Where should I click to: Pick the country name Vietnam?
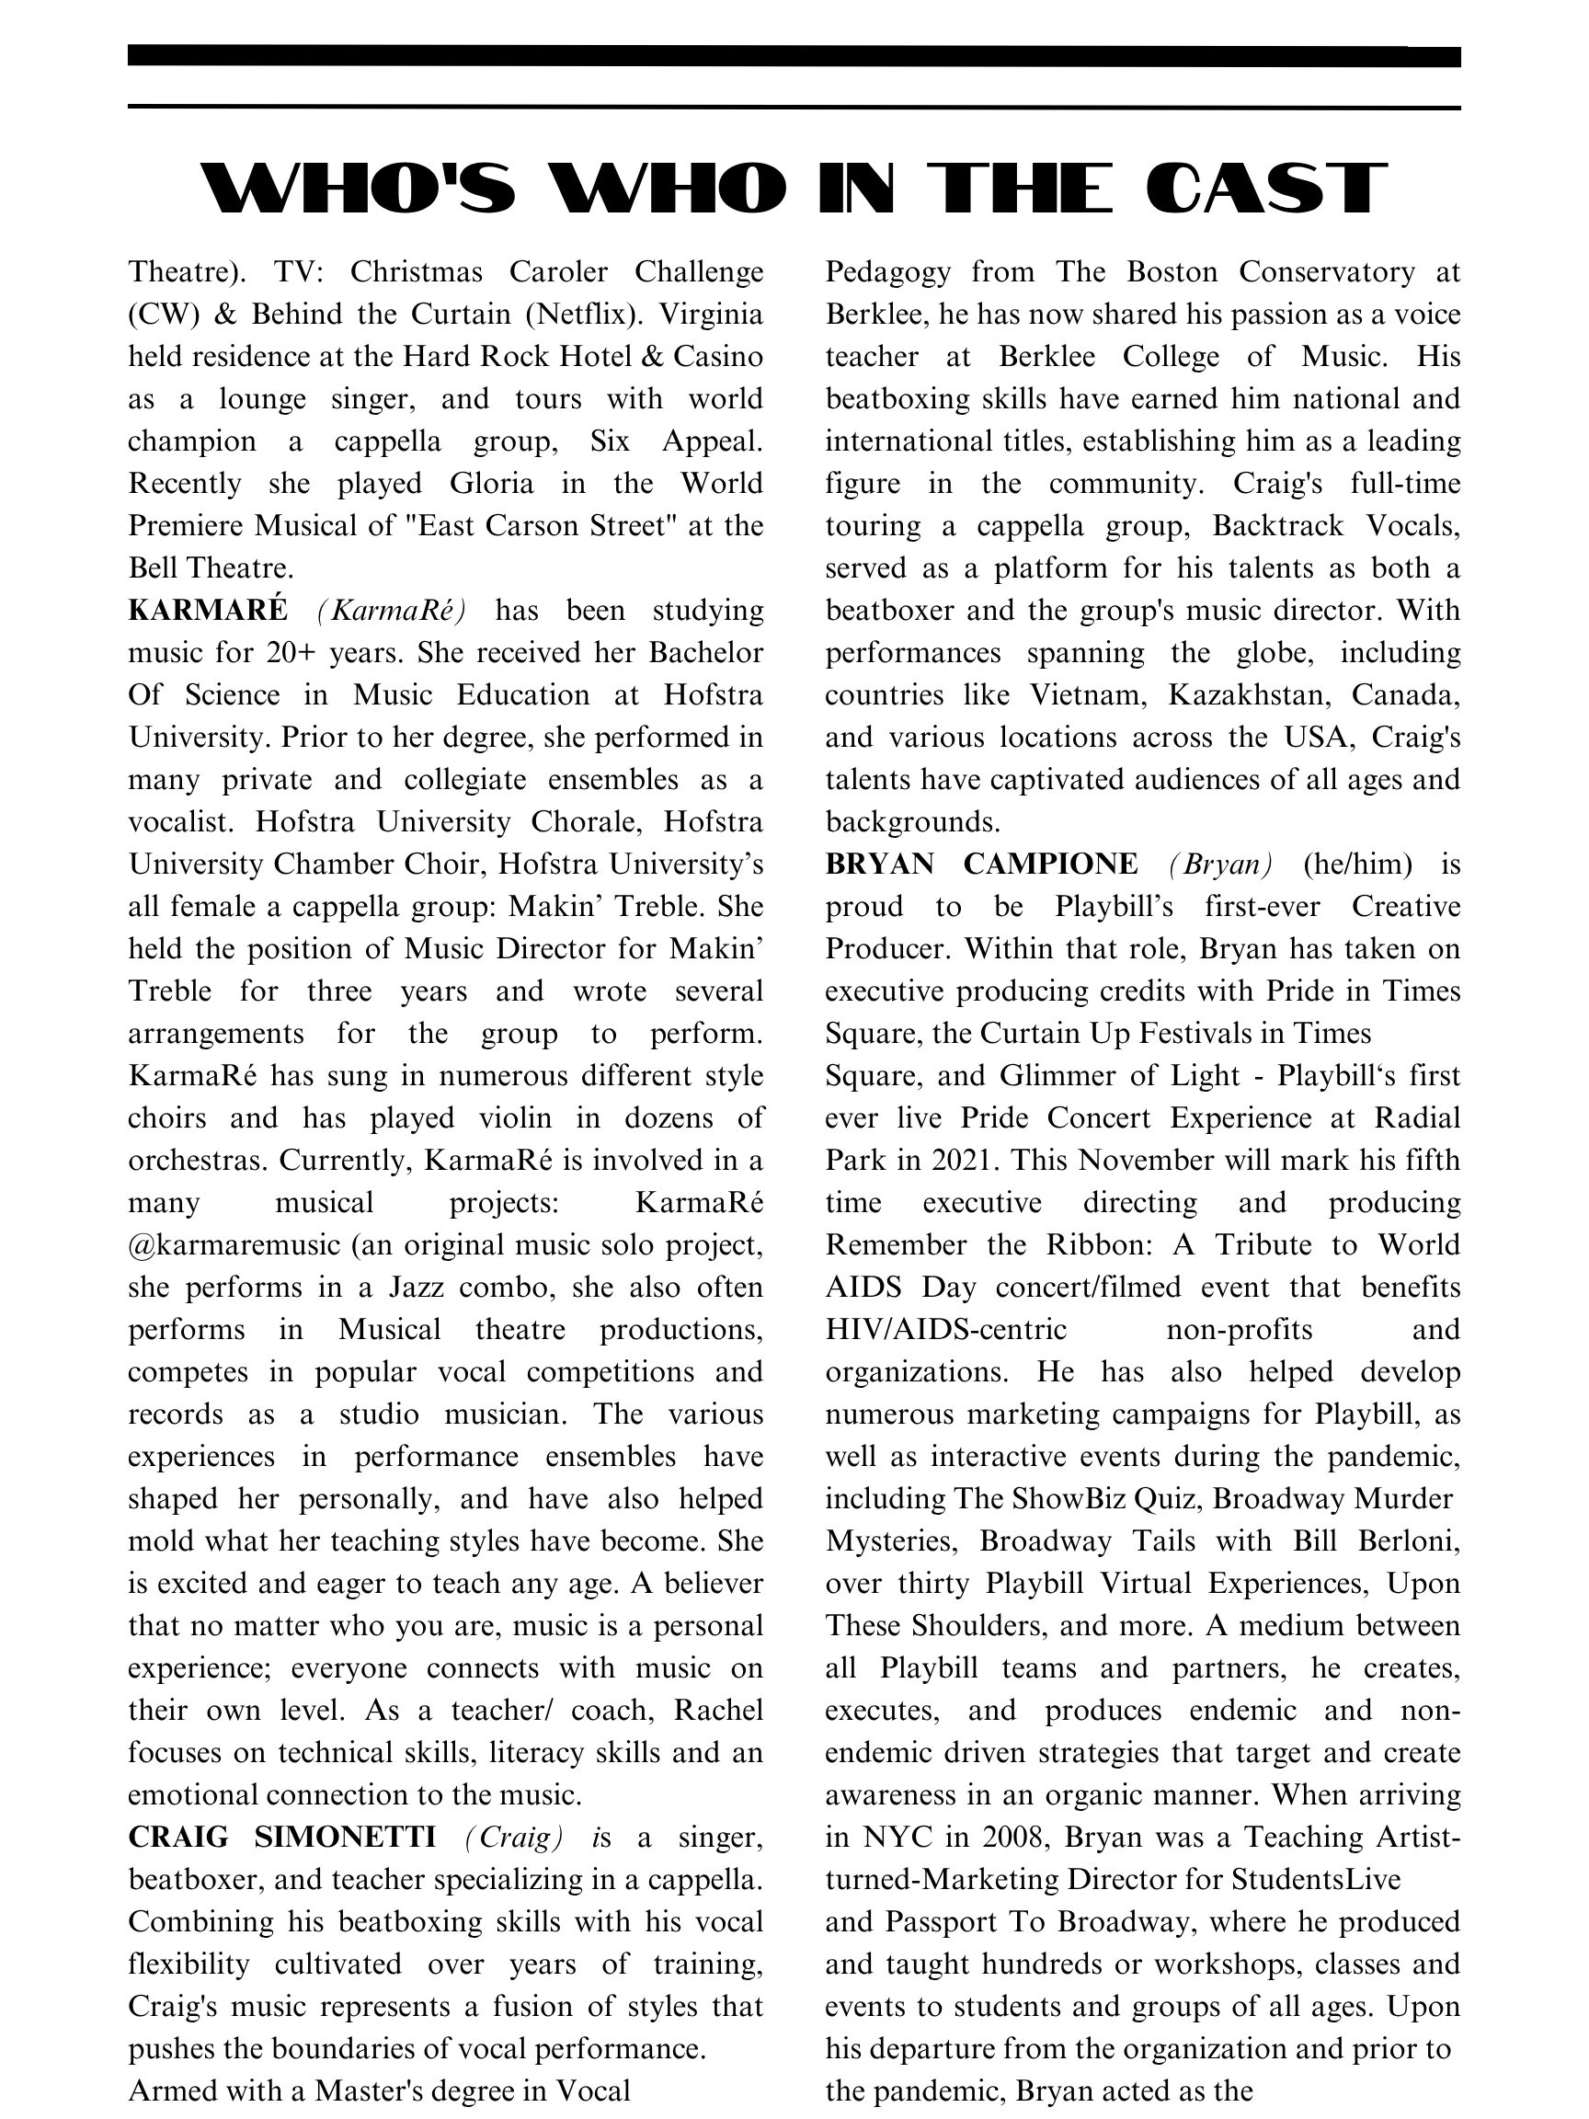tap(1087, 694)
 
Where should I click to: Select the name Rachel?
tap(718, 1710)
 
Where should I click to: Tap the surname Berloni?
tap(1409, 1541)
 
